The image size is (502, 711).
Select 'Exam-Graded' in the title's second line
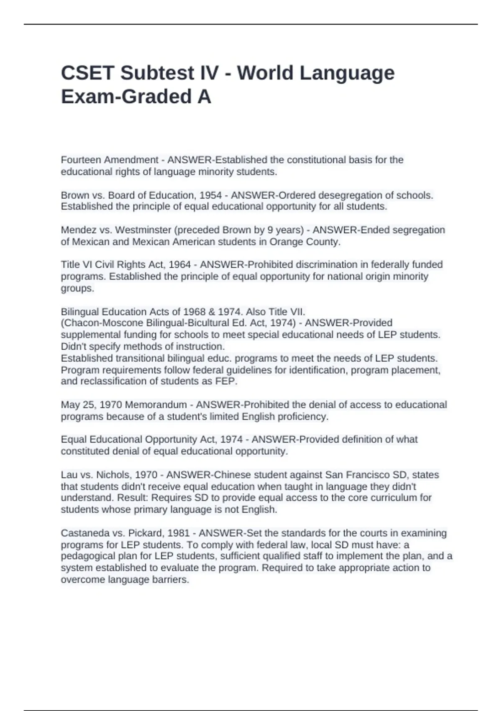(122, 97)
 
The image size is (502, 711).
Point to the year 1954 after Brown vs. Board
(211, 195)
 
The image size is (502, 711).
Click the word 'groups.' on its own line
(77, 288)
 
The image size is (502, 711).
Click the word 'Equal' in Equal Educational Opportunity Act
(72, 440)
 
